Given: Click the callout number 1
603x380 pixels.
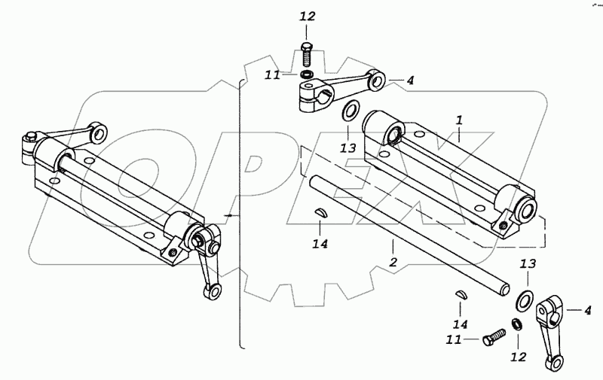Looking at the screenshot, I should (x=459, y=120).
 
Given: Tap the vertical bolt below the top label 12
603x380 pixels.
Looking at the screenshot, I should (x=306, y=54).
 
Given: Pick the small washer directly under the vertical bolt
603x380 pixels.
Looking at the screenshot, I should (x=306, y=75).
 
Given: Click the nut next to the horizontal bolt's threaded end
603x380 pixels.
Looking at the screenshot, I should (x=516, y=324).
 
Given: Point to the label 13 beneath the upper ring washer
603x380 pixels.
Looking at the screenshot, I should (x=346, y=148).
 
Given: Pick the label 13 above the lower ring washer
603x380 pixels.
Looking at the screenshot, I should (x=528, y=265).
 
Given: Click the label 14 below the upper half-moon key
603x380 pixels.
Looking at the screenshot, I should (x=321, y=243).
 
